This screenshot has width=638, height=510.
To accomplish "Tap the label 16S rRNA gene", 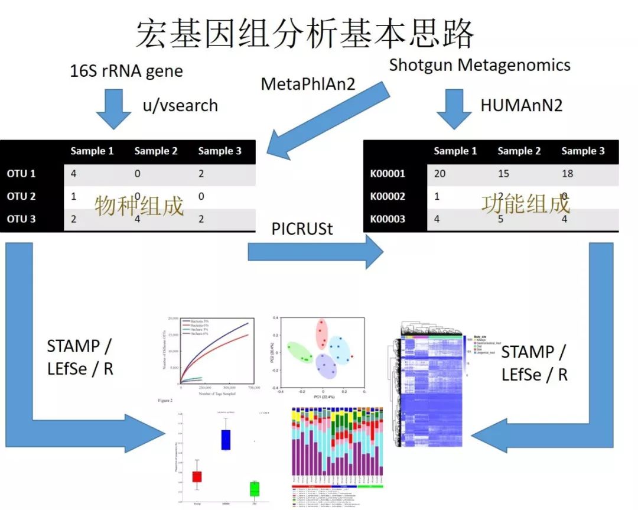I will click(126, 72).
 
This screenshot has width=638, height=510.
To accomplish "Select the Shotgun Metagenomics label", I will click(480, 65).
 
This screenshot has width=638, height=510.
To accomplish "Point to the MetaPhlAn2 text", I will click(308, 85).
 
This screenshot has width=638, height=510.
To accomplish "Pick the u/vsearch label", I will click(180, 106).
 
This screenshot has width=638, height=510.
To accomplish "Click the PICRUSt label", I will click(302, 228).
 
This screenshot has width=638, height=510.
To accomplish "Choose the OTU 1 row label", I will click(21, 174).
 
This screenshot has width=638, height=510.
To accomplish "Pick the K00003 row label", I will click(388, 219).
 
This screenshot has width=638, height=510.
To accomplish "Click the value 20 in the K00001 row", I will click(440, 174).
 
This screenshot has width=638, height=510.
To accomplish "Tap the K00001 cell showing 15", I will click(504, 174).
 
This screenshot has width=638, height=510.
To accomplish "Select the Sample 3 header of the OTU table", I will click(220, 151).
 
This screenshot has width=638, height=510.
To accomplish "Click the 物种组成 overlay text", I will click(139, 205).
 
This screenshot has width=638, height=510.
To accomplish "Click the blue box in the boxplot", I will click(225, 440).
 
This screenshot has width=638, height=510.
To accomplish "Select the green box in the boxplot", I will click(255, 489).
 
